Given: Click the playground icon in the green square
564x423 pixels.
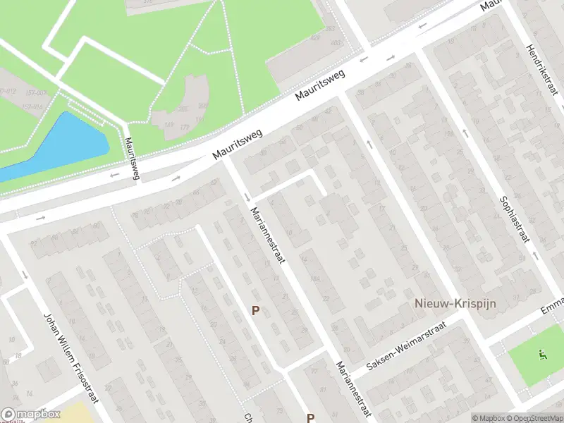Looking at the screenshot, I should [x=541, y=354].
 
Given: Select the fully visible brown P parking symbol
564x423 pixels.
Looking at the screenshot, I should [x=256, y=310].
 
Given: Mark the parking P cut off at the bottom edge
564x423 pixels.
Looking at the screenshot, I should [x=310, y=417].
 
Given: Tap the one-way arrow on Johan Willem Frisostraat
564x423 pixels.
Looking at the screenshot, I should [x=25, y=274].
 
